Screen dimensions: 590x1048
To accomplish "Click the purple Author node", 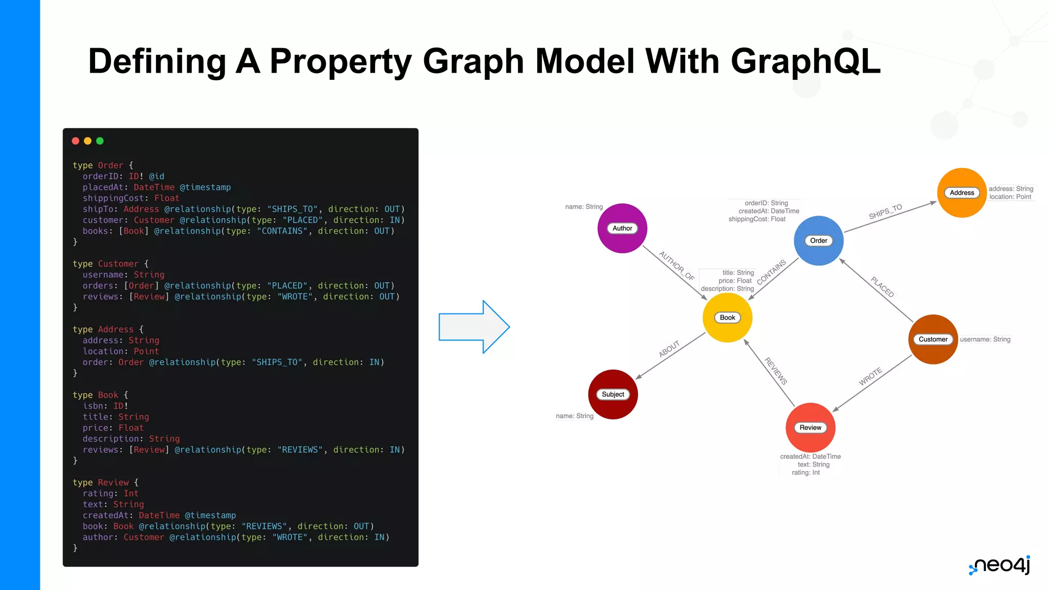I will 622,228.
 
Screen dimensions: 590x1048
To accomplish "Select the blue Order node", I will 818,241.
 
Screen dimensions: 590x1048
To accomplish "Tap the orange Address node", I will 962,193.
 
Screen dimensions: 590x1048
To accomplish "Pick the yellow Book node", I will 727,318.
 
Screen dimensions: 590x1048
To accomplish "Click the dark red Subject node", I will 613,394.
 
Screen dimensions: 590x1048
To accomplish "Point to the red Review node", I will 810,428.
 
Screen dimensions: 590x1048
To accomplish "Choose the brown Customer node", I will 933,339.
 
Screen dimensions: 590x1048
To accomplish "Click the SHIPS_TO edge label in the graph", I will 885,212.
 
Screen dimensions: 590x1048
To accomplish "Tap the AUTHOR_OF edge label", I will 676,265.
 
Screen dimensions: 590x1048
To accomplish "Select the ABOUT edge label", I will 669,348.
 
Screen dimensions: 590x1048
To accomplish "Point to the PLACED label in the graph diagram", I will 882,287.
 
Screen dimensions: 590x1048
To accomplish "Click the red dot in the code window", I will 76,141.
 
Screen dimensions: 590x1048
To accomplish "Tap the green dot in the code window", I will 100,141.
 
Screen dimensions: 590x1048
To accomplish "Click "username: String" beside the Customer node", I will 985,339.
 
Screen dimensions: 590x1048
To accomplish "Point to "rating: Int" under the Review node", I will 805,472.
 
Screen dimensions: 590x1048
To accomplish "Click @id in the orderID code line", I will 157,176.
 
